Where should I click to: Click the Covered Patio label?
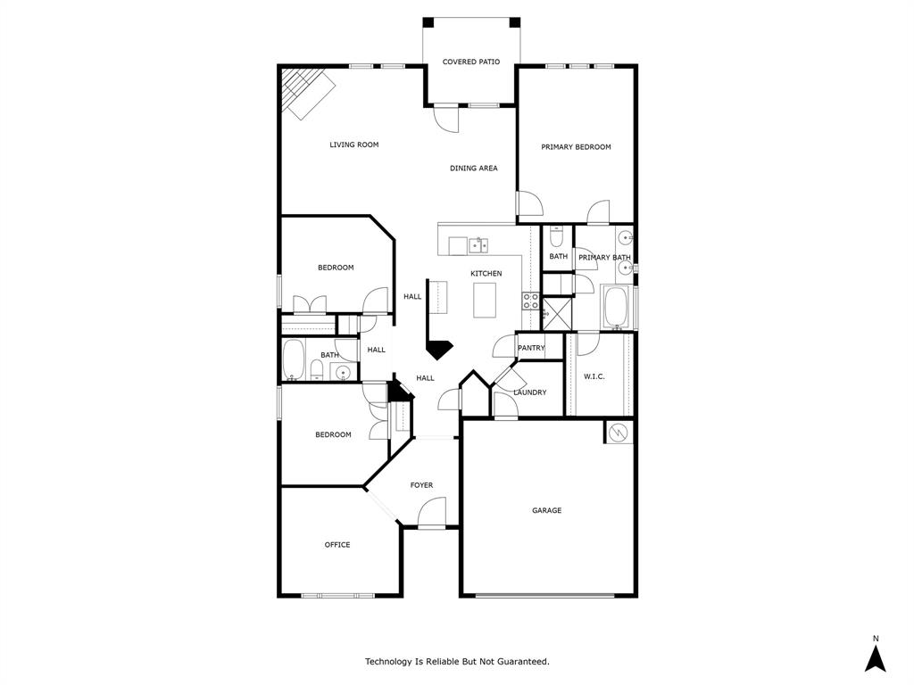click(470, 62)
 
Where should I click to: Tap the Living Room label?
click(353, 144)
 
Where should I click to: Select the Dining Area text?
click(473, 169)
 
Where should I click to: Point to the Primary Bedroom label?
click(576, 147)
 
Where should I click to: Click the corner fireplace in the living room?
click(307, 93)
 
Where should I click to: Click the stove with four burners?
click(531, 301)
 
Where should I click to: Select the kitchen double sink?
click(478, 244)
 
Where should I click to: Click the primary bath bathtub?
click(617, 307)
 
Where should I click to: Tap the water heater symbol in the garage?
click(619, 433)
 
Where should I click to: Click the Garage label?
click(546, 511)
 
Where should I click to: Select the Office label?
click(337, 545)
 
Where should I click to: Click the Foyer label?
click(421, 485)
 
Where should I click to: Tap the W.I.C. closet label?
click(594, 376)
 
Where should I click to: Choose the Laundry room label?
click(529, 392)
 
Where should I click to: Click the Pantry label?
click(531, 348)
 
